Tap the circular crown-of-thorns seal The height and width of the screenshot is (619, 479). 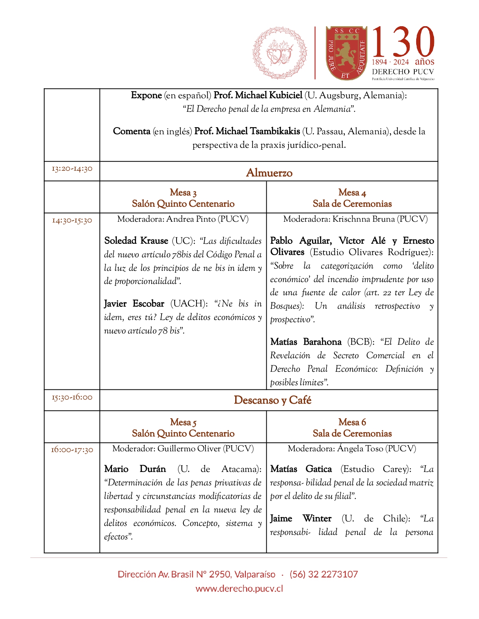280,53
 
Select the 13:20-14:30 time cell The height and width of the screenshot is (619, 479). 72,169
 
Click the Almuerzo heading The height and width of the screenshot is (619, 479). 269,173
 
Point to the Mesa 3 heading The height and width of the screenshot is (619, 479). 183,192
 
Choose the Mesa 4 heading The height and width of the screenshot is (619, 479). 352,192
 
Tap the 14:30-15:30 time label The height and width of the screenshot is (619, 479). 72,220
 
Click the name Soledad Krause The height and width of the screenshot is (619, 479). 136,240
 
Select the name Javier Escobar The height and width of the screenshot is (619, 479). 134,303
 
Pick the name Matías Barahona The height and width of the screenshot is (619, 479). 306,342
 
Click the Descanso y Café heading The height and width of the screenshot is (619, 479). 272,400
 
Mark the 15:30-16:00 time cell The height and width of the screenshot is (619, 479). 72,397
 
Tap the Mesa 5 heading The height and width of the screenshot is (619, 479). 183,422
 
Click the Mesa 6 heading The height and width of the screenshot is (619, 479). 352,422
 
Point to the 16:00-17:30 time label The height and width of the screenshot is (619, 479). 72,449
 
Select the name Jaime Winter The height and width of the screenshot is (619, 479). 301,518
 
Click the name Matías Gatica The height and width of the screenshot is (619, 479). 301,469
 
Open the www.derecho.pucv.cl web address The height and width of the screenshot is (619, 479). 239,589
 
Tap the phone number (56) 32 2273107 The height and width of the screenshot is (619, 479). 323,574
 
